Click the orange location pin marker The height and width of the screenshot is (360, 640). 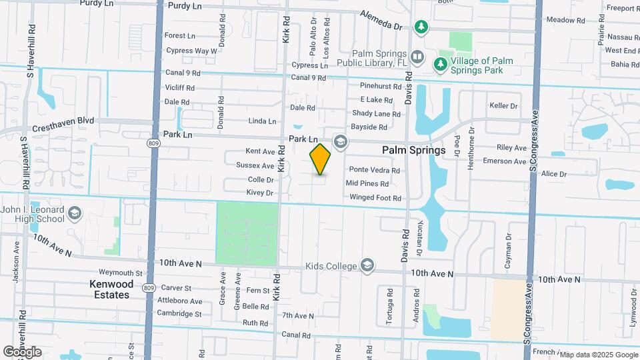[320, 159]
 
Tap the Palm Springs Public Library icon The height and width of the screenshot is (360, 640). [417, 57]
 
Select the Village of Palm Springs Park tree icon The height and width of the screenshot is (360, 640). [440, 64]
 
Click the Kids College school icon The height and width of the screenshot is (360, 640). [367, 266]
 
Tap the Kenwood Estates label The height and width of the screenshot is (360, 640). [111, 289]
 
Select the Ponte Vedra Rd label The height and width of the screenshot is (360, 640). [375, 170]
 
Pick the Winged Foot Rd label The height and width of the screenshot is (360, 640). [375, 197]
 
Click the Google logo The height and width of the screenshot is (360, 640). [22, 351]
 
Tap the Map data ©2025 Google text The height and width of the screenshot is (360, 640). [597, 355]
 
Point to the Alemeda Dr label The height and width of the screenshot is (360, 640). [382, 20]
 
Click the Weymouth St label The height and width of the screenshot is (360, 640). [121, 273]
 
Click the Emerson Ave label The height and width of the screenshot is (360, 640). [505, 161]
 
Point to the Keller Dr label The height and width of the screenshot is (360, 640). [503, 106]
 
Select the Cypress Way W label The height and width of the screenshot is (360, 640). [191, 50]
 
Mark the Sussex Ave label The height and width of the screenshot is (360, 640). [255, 165]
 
